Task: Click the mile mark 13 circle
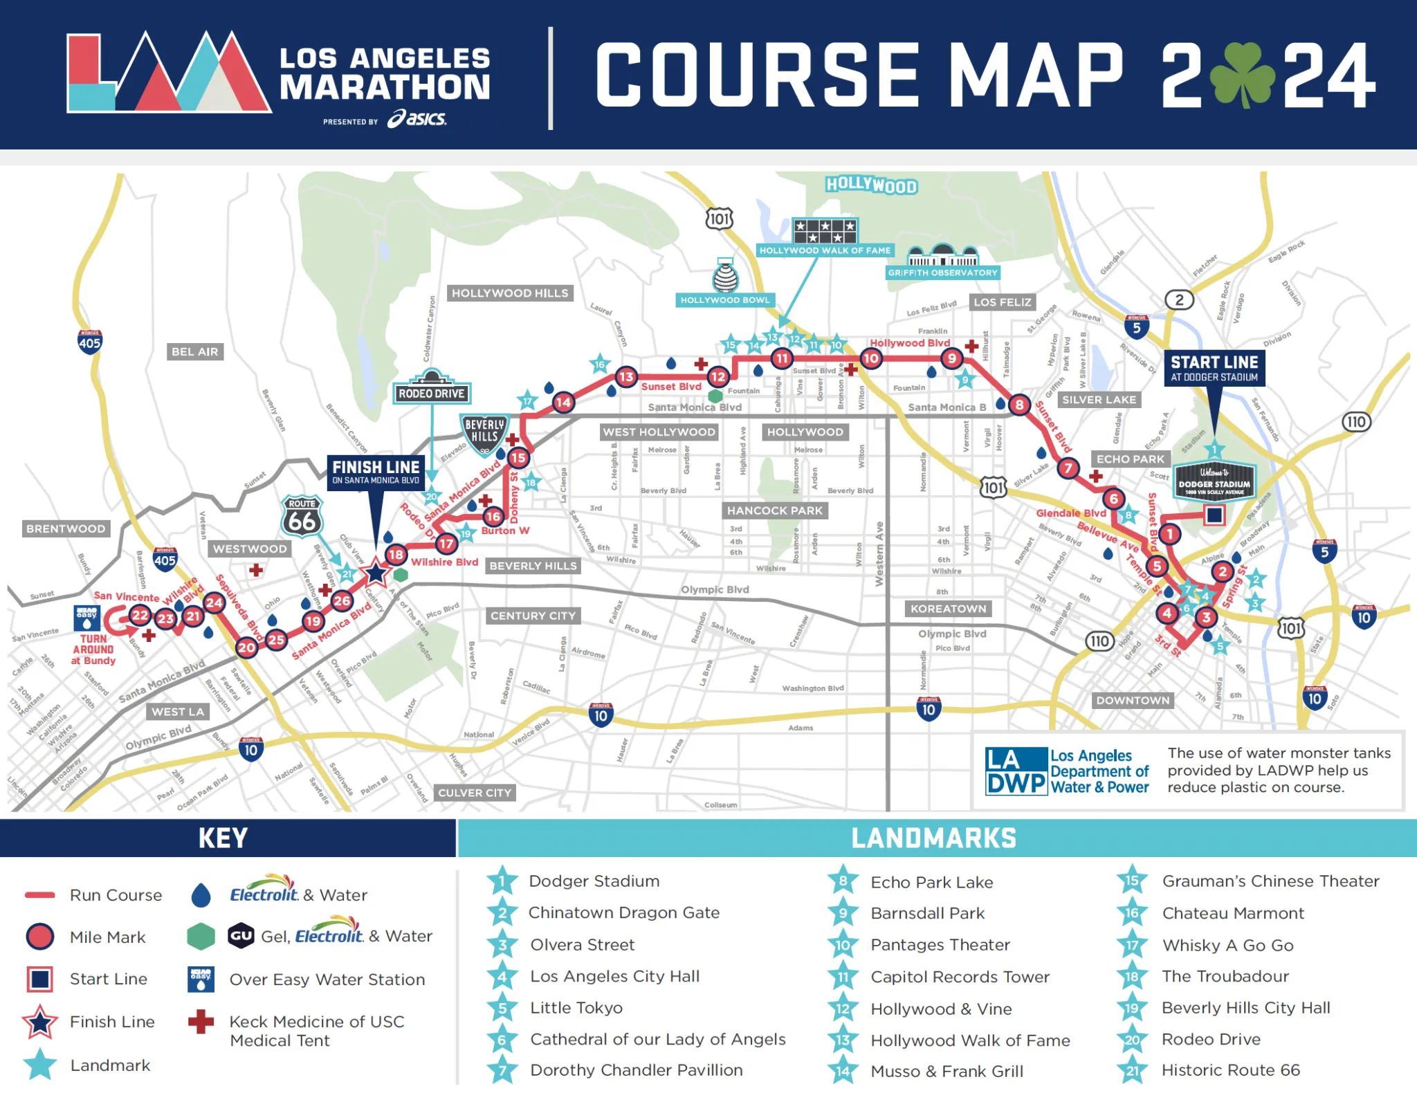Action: pyautogui.click(x=626, y=377)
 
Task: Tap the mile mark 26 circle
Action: pyautogui.click(x=342, y=600)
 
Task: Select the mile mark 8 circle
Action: pyautogui.click(x=1019, y=405)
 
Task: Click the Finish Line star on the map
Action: pyautogui.click(x=376, y=573)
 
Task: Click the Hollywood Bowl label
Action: pyautogui.click(x=724, y=300)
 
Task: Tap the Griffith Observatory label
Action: pyautogui.click(x=942, y=273)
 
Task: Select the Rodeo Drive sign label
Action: pyautogui.click(x=432, y=394)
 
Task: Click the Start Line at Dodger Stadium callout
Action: pyautogui.click(x=1214, y=368)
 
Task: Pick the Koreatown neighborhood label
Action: pyautogui.click(x=948, y=609)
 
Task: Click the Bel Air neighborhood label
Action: pyautogui.click(x=194, y=351)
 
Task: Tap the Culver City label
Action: pyautogui.click(x=475, y=793)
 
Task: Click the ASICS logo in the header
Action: pyautogui.click(x=417, y=119)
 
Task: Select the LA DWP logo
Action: pyautogui.click(x=1016, y=771)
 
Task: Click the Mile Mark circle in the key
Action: pyautogui.click(x=40, y=937)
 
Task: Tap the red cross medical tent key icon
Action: pyautogui.click(x=201, y=1022)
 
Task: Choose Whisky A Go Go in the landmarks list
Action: pyautogui.click(x=1227, y=945)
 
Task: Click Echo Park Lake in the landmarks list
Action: pyautogui.click(x=931, y=882)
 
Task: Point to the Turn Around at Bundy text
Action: pyautogui.click(x=93, y=650)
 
